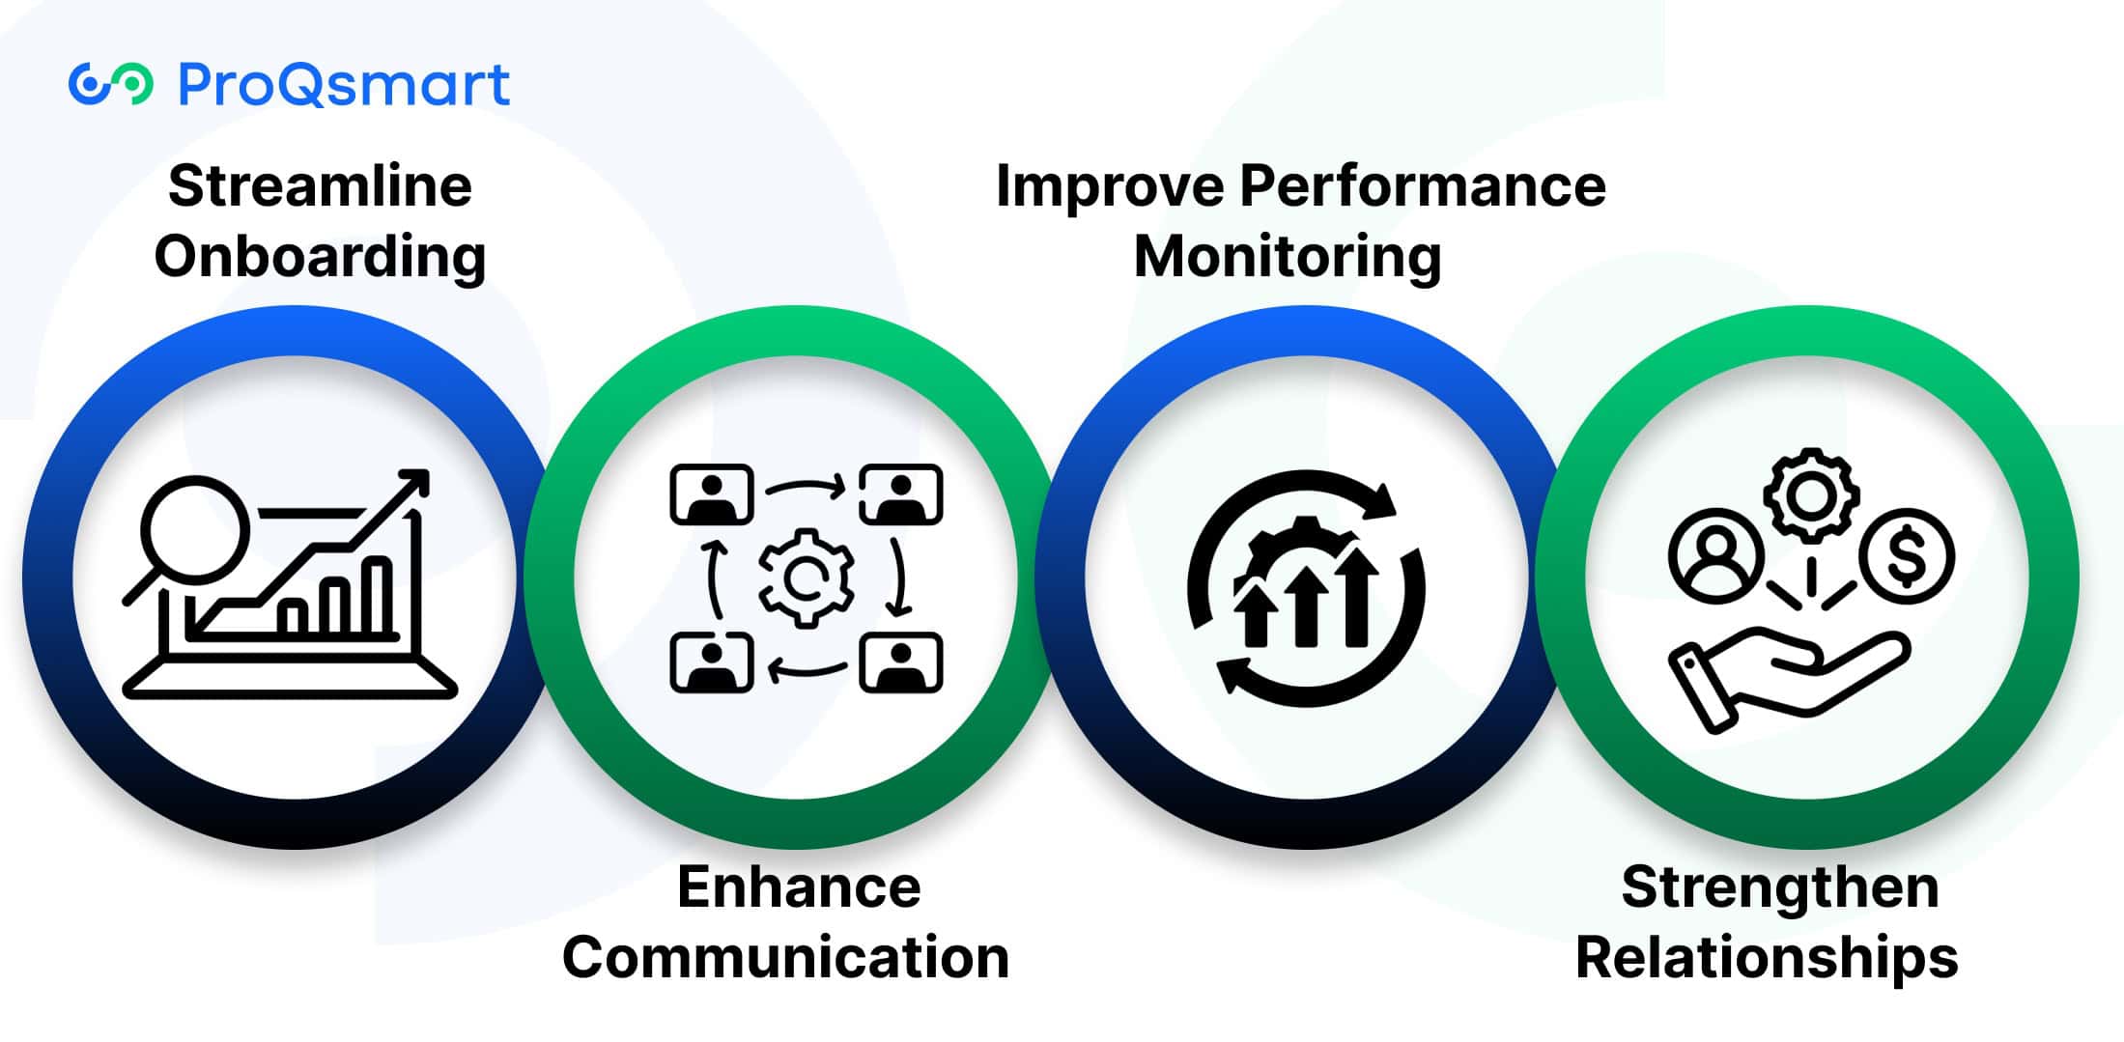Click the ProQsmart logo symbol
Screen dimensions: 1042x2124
click(110, 84)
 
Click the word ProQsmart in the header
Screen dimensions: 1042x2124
click(344, 84)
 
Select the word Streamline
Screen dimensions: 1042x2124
click(320, 185)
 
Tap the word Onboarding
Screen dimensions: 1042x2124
click(320, 257)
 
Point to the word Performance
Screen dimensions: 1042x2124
click(1423, 185)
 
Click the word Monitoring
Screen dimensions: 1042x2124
click(1288, 257)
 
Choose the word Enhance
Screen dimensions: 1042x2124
click(799, 887)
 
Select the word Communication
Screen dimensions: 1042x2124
click(785, 958)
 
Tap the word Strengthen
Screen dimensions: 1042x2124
click(1780, 887)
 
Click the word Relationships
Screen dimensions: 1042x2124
click(1767, 958)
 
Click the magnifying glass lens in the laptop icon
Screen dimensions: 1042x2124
click(194, 528)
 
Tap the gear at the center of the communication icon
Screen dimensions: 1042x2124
click(806, 578)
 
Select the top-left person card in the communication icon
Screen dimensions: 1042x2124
click(712, 494)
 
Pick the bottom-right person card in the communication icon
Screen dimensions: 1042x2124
click(900, 662)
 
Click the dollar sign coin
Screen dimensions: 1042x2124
click(1908, 556)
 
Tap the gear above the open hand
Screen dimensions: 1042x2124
click(1811, 495)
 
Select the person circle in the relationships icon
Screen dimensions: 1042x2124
click(1715, 556)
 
